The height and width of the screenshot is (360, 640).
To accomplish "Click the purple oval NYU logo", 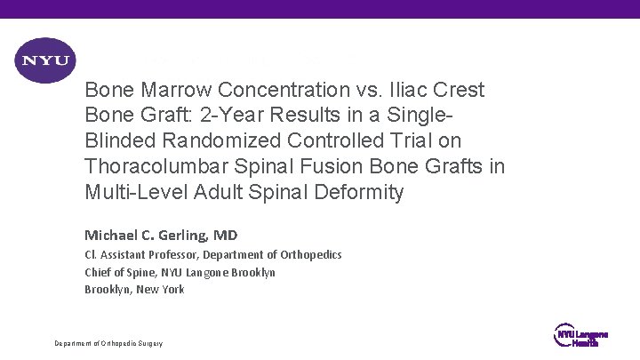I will point(45,61).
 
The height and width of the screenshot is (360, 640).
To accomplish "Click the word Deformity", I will point(362,192).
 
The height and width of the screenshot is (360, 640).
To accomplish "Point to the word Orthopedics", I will point(310,255).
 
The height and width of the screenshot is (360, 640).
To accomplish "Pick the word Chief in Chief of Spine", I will point(98,272).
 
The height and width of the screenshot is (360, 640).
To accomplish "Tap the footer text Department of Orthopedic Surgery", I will point(108,343).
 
